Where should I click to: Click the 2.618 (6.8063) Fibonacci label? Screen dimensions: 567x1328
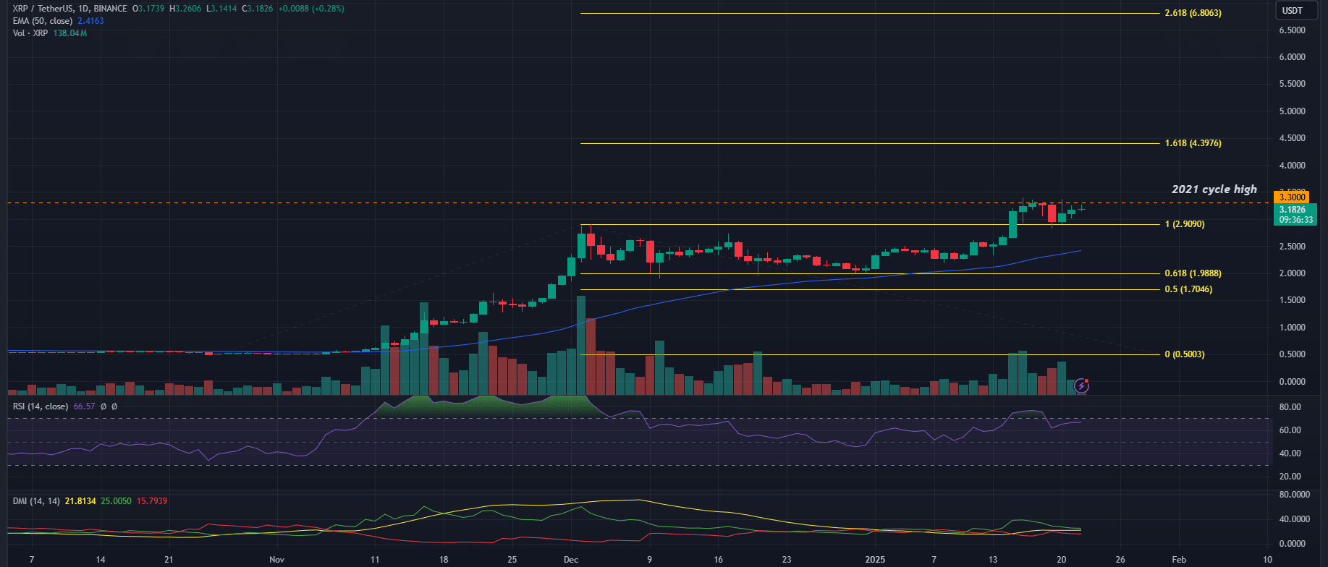[x=1193, y=13]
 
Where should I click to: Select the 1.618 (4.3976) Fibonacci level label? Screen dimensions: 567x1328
[x=1193, y=143]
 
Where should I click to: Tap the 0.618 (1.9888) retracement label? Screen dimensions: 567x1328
[x=1193, y=273]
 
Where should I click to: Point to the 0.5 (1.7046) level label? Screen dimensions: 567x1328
[x=1188, y=289]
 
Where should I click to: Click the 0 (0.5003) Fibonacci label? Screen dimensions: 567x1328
[x=1185, y=354]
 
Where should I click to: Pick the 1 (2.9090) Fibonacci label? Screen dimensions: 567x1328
[x=1185, y=224]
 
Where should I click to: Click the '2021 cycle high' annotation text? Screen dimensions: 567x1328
[x=1214, y=189]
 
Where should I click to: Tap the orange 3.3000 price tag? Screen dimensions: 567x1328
[x=1292, y=197]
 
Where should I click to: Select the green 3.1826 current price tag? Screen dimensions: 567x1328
[x=1292, y=210]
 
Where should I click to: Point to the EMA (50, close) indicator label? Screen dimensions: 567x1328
[x=42, y=21]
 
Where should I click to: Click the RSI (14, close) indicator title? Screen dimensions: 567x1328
[x=41, y=406]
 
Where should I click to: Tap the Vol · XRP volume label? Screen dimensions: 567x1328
[x=30, y=33]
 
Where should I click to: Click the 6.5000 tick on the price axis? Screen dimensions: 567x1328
[x=1292, y=30]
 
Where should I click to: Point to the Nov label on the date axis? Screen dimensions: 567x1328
[x=276, y=559]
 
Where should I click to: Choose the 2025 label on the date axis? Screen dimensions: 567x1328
[x=875, y=559]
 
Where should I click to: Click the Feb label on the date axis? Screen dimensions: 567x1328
[x=1178, y=559]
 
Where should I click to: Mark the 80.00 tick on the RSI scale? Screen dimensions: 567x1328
[x=1290, y=407]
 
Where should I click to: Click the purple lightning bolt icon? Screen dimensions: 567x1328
[x=1081, y=385]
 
